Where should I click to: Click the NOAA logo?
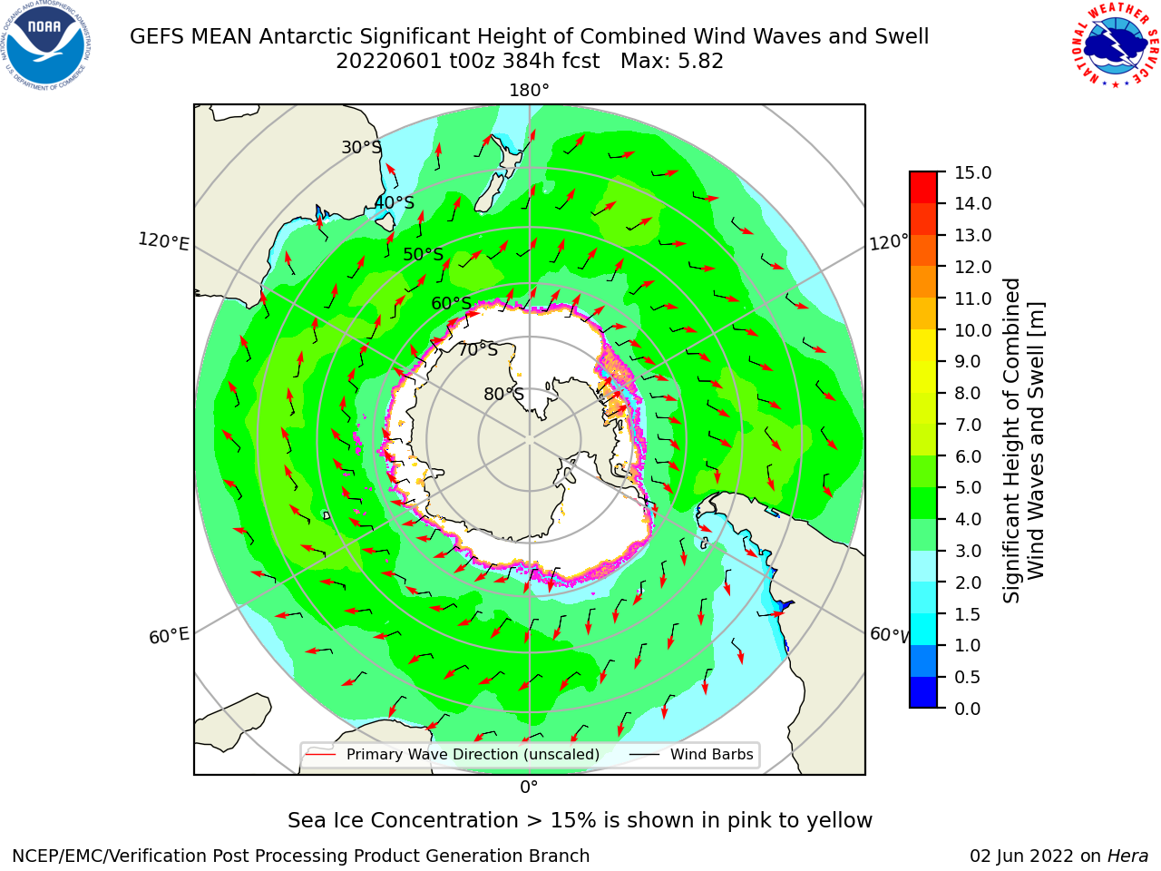[x=46, y=45]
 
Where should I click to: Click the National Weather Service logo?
[x=1115, y=45]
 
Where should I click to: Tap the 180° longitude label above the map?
[x=529, y=91]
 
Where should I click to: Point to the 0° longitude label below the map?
[x=529, y=788]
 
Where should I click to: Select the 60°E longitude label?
[x=169, y=636]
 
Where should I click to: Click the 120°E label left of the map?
[x=163, y=241]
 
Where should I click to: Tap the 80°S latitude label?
[x=503, y=394]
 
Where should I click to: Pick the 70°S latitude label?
[x=478, y=349]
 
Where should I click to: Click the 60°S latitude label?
[x=451, y=303]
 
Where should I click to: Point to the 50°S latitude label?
[x=424, y=254]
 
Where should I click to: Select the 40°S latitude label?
[x=395, y=202]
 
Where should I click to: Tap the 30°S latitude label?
[x=361, y=147]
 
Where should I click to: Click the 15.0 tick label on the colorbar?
[x=972, y=172]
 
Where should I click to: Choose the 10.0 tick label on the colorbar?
[x=972, y=330]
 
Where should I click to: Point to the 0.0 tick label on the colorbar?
[x=968, y=709]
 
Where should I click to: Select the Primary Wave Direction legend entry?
[x=453, y=754]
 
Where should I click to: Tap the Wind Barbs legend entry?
[x=691, y=754]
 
